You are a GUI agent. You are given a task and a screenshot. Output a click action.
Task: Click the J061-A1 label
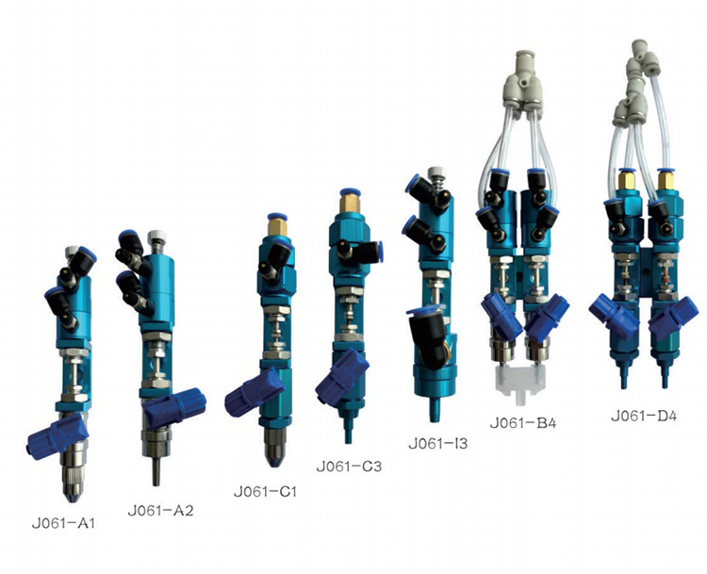[63, 523]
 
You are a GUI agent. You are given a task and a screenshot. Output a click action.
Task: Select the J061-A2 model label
[160, 511]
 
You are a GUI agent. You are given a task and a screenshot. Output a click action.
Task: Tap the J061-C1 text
[265, 491]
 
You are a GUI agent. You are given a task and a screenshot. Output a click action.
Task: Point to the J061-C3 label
[349, 466]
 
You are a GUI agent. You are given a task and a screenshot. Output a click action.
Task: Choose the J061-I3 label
[437, 444]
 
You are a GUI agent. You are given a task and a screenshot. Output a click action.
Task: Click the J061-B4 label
[523, 423]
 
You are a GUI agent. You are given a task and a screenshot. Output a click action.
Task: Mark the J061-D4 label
[644, 416]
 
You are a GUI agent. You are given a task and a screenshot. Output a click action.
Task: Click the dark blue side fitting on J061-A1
[58, 436]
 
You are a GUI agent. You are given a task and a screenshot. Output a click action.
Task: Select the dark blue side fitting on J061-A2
[174, 407]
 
